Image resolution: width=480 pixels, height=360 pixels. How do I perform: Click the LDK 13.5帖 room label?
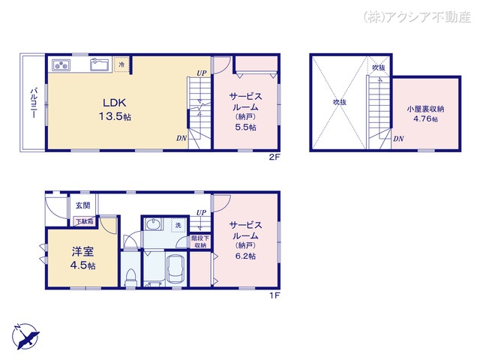click(x=115, y=109)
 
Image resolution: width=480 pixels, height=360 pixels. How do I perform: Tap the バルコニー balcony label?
click(x=33, y=103)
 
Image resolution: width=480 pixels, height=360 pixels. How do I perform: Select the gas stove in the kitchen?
click(x=61, y=65)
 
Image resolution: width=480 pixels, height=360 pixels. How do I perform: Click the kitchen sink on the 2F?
click(x=100, y=65)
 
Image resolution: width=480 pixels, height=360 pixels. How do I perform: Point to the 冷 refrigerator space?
click(x=121, y=64)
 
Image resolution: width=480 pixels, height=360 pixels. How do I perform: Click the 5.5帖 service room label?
click(x=245, y=112)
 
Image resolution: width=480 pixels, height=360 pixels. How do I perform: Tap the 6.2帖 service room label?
click(x=245, y=241)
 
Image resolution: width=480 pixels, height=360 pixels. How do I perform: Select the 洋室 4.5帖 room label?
click(x=82, y=258)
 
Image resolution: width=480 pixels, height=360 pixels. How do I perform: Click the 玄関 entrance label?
click(x=82, y=205)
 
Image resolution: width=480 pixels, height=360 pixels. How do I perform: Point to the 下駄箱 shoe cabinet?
click(x=85, y=221)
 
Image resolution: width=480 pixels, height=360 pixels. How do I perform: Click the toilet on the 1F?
click(x=130, y=277)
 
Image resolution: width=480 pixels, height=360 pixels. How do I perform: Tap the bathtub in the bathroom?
click(x=175, y=268)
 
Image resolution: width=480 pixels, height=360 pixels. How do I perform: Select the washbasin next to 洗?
click(x=153, y=225)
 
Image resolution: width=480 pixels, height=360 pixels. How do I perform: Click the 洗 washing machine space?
click(x=178, y=225)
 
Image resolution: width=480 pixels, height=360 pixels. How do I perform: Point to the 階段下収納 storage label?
click(x=200, y=241)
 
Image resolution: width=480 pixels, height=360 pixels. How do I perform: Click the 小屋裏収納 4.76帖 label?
click(x=425, y=113)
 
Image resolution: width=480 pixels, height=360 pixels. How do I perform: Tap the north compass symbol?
click(x=25, y=336)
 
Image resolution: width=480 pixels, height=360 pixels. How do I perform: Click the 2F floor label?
click(x=274, y=157)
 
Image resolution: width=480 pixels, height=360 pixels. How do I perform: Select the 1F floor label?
click(x=274, y=295)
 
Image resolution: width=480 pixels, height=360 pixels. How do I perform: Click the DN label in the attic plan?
click(x=398, y=139)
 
